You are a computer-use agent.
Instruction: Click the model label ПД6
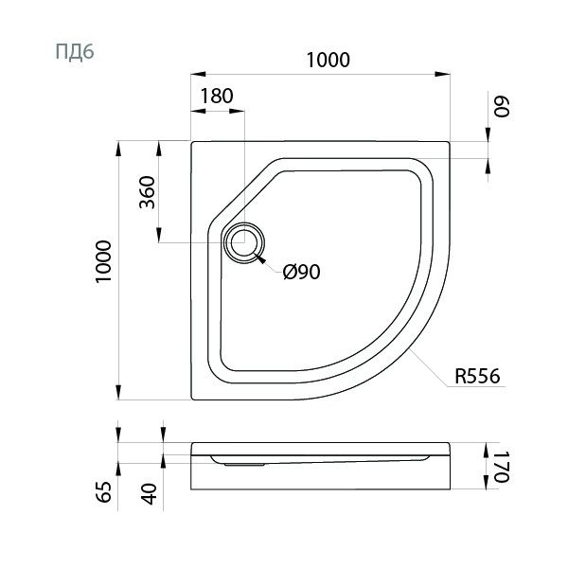click(75, 52)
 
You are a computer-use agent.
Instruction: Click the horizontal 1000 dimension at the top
click(328, 61)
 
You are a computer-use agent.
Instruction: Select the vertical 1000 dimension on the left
click(103, 261)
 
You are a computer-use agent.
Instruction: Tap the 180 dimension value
click(217, 97)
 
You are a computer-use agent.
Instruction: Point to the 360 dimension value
click(147, 192)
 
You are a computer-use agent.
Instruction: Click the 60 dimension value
click(502, 106)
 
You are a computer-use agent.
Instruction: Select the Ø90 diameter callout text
click(302, 272)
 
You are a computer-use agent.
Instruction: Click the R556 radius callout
click(477, 376)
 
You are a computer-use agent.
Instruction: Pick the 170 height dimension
click(502, 467)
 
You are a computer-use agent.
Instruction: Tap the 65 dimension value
click(104, 491)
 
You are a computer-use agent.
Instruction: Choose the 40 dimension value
click(149, 494)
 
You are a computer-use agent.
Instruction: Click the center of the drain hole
click(244, 242)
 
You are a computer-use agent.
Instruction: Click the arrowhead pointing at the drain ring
click(260, 258)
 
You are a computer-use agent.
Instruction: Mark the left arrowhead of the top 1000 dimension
click(198, 74)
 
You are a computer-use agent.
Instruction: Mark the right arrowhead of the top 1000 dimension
click(442, 74)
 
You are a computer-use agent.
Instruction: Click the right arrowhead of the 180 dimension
click(237, 111)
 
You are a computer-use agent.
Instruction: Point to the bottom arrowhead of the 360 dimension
click(159, 235)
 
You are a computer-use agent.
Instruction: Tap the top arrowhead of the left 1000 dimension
click(118, 149)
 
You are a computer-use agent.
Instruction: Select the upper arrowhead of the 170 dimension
click(488, 451)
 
